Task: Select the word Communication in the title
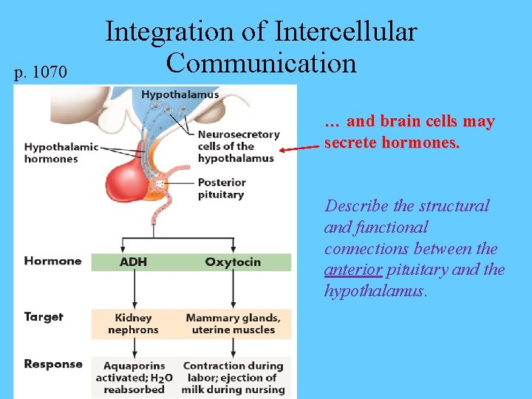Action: pyautogui.click(x=262, y=63)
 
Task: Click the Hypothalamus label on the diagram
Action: pyautogui.click(x=180, y=95)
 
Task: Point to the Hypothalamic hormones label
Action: pyautogui.click(x=61, y=153)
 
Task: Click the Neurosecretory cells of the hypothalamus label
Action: pyautogui.click(x=238, y=146)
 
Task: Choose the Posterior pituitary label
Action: pyautogui.click(x=222, y=188)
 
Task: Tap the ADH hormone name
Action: pyautogui.click(x=133, y=262)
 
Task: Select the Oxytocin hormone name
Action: pyautogui.click(x=232, y=262)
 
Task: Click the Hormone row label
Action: pyautogui.click(x=52, y=261)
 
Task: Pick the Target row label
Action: pyautogui.click(x=44, y=317)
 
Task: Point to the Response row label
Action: pyautogui.click(x=53, y=364)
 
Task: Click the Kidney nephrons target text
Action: pyautogui.click(x=133, y=324)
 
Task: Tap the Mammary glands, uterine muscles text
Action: pyautogui.click(x=233, y=324)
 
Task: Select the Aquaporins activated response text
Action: pyautogui.click(x=134, y=378)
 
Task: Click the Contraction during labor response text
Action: pyautogui.click(x=233, y=378)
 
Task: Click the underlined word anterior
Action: pyautogui.click(x=352, y=270)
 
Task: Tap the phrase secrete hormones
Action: pyautogui.click(x=392, y=143)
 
